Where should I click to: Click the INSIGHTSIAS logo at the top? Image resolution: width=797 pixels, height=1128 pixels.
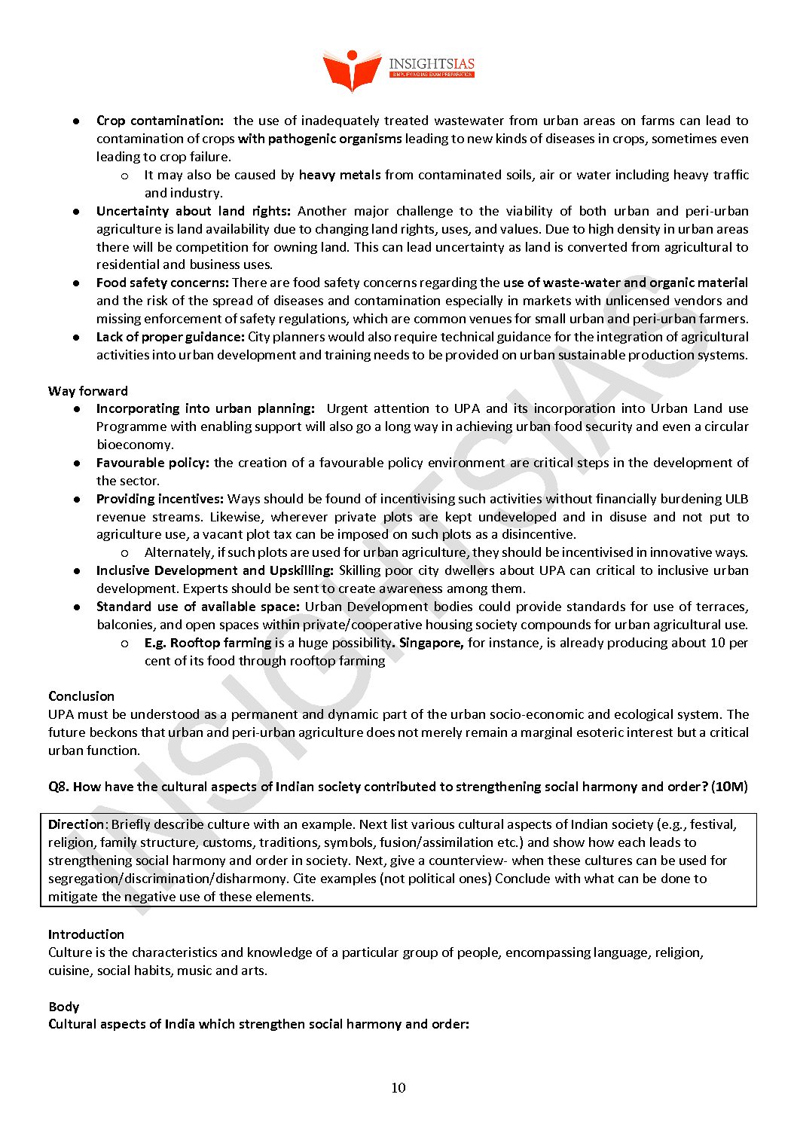click(x=398, y=69)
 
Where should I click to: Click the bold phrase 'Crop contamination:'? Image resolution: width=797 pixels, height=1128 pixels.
click(x=160, y=121)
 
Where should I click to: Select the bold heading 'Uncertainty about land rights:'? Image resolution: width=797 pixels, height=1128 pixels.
click(x=193, y=211)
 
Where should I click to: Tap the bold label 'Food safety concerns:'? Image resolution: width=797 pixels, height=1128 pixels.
click(x=162, y=283)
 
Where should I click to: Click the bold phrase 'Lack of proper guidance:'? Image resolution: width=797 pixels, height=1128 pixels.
click(x=170, y=337)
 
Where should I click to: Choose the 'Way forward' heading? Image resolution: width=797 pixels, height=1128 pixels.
click(x=88, y=391)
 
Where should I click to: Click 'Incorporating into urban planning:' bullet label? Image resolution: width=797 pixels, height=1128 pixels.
click(x=205, y=408)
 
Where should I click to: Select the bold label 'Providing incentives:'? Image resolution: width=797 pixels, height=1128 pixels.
click(x=160, y=499)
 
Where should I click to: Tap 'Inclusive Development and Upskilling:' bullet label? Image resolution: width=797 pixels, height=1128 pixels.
click(x=215, y=570)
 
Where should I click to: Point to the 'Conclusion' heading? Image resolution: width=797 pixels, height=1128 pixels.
click(x=81, y=696)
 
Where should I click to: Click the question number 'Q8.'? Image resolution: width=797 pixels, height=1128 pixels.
click(x=59, y=787)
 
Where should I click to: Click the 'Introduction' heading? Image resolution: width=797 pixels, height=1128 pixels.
click(x=86, y=934)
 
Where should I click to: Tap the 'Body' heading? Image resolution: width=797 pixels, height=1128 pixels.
click(x=64, y=1007)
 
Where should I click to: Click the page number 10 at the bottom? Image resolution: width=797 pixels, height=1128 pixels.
click(x=398, y=1087)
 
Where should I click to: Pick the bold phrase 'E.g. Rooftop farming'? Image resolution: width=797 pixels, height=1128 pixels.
click(x=208, y=643)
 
